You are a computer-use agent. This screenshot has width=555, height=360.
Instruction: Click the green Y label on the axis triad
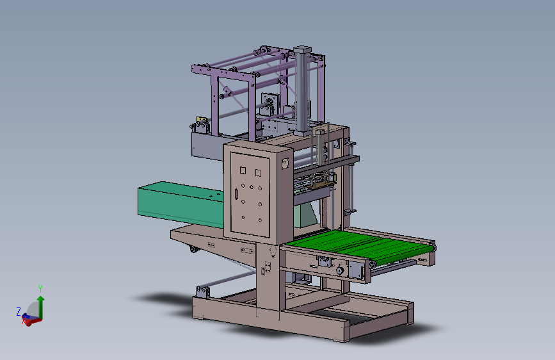40,288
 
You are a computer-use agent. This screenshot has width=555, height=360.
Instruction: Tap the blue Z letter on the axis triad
19,311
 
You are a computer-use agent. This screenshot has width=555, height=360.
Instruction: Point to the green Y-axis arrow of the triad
41,307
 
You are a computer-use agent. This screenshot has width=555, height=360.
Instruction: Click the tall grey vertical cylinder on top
302,88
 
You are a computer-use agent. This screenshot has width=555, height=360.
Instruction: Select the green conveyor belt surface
357,245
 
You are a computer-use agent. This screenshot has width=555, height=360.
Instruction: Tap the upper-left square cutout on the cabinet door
243,170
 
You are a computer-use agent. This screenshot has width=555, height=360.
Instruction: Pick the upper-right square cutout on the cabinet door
258,173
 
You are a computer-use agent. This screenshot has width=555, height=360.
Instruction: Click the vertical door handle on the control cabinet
236,194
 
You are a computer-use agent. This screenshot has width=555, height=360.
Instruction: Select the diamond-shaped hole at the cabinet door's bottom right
260,220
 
